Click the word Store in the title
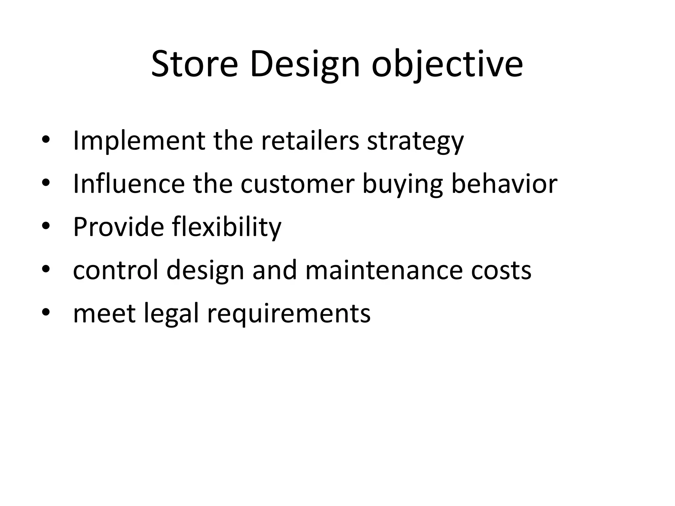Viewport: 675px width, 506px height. tap(194, 64)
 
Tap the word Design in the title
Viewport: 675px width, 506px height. tap(305, 64)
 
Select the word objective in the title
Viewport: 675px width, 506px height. tap(447, 64)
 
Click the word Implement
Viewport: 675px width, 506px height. tap(138, 141)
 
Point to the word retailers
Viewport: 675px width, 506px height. tap(310, 141)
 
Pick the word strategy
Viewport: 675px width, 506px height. tap(415, 141)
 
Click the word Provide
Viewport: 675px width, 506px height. tap(118, 227)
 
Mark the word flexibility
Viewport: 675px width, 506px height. tap(227, 227)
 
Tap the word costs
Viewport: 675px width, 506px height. tap(501, 270)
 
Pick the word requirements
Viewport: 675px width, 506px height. tap(289, 313)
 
